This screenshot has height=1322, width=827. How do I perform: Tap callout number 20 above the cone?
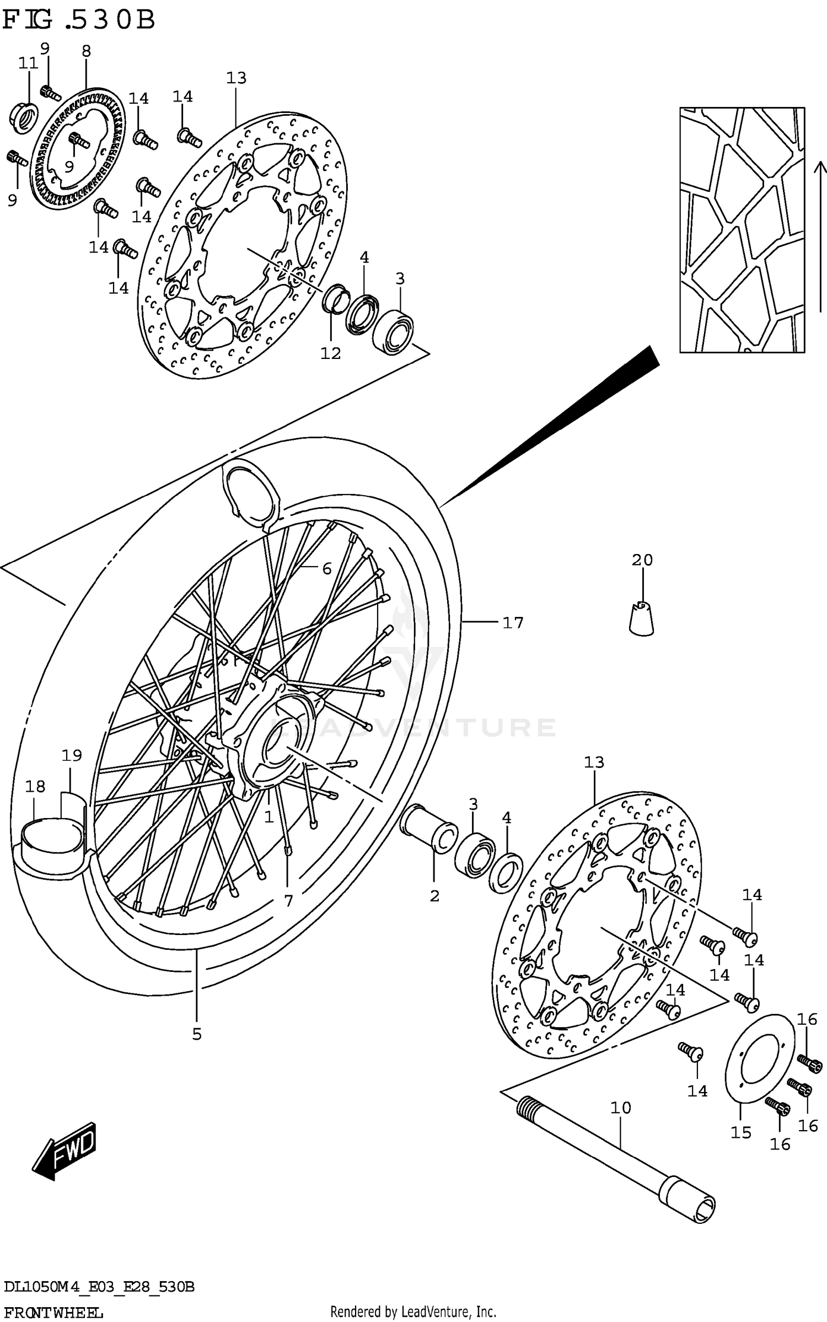tap(642, 560)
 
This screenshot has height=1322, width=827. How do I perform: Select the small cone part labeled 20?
tap(641, 619)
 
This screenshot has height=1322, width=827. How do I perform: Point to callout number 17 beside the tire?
tap(512, 623)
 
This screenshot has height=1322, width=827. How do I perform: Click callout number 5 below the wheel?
tap(197, 1035)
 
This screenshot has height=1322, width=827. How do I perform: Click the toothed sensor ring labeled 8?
tap(77, 149)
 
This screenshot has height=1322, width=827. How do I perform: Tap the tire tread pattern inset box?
tap(742, 230)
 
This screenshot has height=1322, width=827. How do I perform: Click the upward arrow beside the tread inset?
tap(820, 221)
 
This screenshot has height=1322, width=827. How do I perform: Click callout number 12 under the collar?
tap(331, 353)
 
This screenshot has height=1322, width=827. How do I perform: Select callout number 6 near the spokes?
tap(327, 568)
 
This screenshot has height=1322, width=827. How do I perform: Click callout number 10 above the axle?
tap(620, 1108)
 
